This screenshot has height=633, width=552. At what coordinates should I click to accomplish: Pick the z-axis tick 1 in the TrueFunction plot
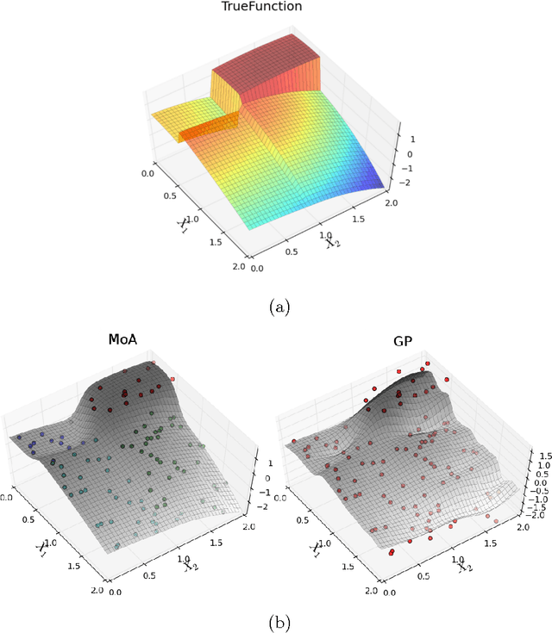(412, 138)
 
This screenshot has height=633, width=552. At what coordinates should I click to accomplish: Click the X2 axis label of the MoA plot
(191, 564)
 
